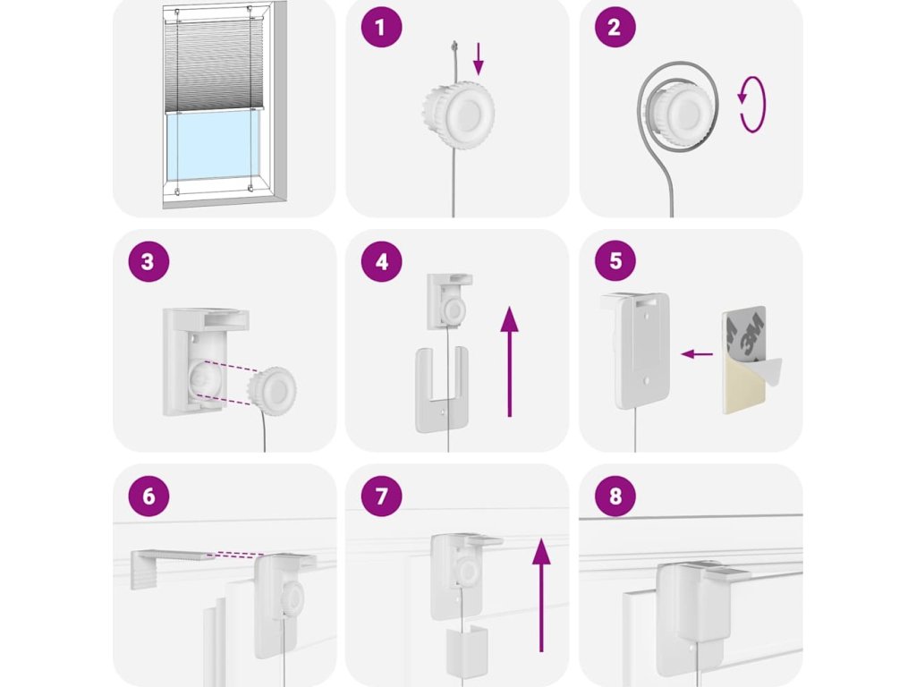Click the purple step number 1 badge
tap(381, 27)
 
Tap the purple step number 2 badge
tap(615, 27)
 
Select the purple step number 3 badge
tap(148, 261)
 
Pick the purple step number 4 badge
tap(381, 261)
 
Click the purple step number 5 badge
tap(615, 261)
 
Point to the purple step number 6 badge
tap(148, 496)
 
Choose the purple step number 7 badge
tap(381, 496)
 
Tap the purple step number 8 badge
tap(615, 496)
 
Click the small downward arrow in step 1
tap(479, 59)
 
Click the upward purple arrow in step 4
tap(510, 361)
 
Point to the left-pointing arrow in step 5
tap(697, 354)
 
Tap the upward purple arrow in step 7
tap(541, 595)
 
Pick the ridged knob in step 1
tap(459, 111)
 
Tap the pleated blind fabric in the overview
tap(214, 65)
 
